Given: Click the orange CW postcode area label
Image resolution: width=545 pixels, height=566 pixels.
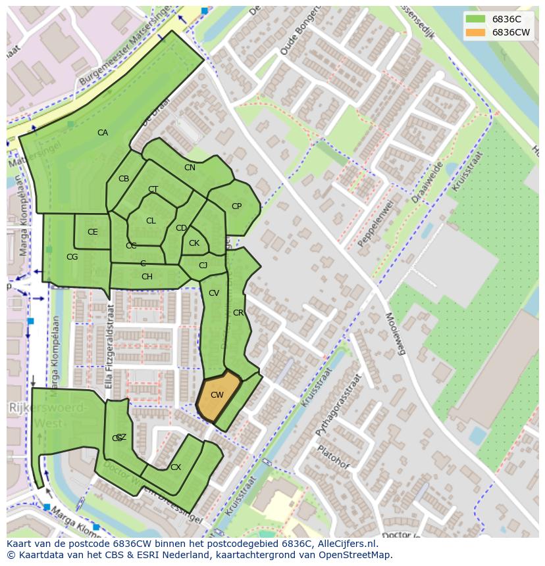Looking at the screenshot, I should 217,395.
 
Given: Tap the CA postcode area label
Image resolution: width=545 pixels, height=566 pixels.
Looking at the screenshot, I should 103,133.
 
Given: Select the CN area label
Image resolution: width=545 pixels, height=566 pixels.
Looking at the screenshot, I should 190,168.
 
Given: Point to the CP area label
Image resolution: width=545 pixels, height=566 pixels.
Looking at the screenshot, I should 236,206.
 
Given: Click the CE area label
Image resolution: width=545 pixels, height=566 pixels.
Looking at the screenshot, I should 92,232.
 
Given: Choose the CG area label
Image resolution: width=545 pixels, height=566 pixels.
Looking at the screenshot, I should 72,257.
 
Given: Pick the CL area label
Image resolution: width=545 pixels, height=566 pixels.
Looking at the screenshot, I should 151,221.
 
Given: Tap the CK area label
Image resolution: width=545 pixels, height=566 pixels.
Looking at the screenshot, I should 194,243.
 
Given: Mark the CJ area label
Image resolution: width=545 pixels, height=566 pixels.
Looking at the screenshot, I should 203,266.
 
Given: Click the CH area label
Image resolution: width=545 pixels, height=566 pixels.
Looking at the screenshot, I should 147,277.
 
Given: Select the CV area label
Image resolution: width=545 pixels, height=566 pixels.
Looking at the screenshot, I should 213,293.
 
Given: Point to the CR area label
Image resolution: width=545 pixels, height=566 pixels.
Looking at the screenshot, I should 238,313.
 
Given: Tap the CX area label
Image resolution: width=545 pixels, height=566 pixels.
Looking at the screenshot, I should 175,467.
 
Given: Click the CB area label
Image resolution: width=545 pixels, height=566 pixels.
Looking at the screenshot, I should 124,179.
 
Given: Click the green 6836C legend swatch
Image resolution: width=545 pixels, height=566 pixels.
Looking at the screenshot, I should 475,18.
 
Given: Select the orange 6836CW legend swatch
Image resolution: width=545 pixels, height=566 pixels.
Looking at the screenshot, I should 475,32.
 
